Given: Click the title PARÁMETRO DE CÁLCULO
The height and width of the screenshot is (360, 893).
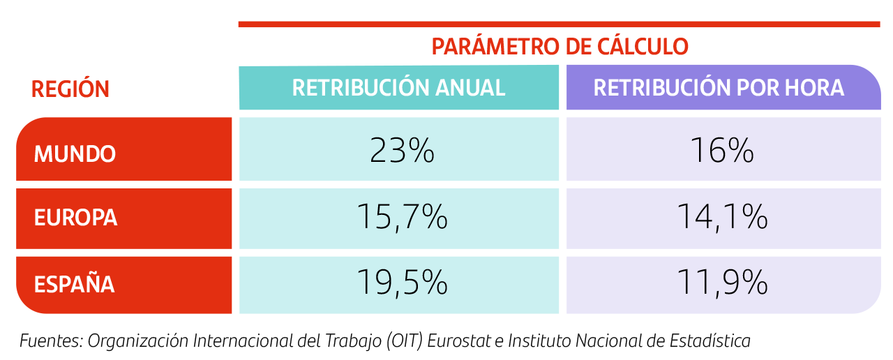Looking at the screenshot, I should tap(560, 47).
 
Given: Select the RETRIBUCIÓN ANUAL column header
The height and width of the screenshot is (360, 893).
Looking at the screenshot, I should tap(398, 88).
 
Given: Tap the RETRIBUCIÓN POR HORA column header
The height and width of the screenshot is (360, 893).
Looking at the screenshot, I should tap(719, 88).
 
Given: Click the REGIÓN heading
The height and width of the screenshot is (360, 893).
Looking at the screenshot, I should tap(70, 89).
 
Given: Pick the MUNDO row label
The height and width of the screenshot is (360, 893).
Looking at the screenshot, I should tap(75, 153).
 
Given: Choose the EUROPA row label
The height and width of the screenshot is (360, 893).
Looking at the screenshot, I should tap(75, 218).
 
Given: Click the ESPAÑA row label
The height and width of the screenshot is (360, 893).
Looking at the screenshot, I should tap(74, 285).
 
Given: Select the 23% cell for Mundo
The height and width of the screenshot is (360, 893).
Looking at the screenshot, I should tap(402, 151).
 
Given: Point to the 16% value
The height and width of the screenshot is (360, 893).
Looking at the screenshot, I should tap(721, 151).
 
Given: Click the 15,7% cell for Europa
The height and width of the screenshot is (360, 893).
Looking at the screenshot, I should tap(402, 218).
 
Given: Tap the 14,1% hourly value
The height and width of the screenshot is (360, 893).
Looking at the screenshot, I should tap(722, 218).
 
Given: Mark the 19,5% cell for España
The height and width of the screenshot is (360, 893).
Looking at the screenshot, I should tap(402, 283).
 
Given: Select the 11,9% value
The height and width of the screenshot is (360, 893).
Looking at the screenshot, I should tap(722, 283).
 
